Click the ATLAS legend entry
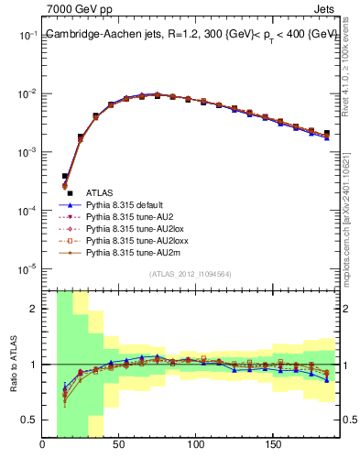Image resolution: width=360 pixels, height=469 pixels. coord(100,192)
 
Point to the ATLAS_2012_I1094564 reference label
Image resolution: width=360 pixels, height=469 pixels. coord(190,273)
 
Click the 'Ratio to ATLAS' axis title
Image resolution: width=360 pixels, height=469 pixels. coord(13,364)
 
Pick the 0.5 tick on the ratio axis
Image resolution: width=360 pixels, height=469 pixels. coord(29,420)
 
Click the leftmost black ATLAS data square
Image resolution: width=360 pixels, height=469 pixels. coord(64,176)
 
